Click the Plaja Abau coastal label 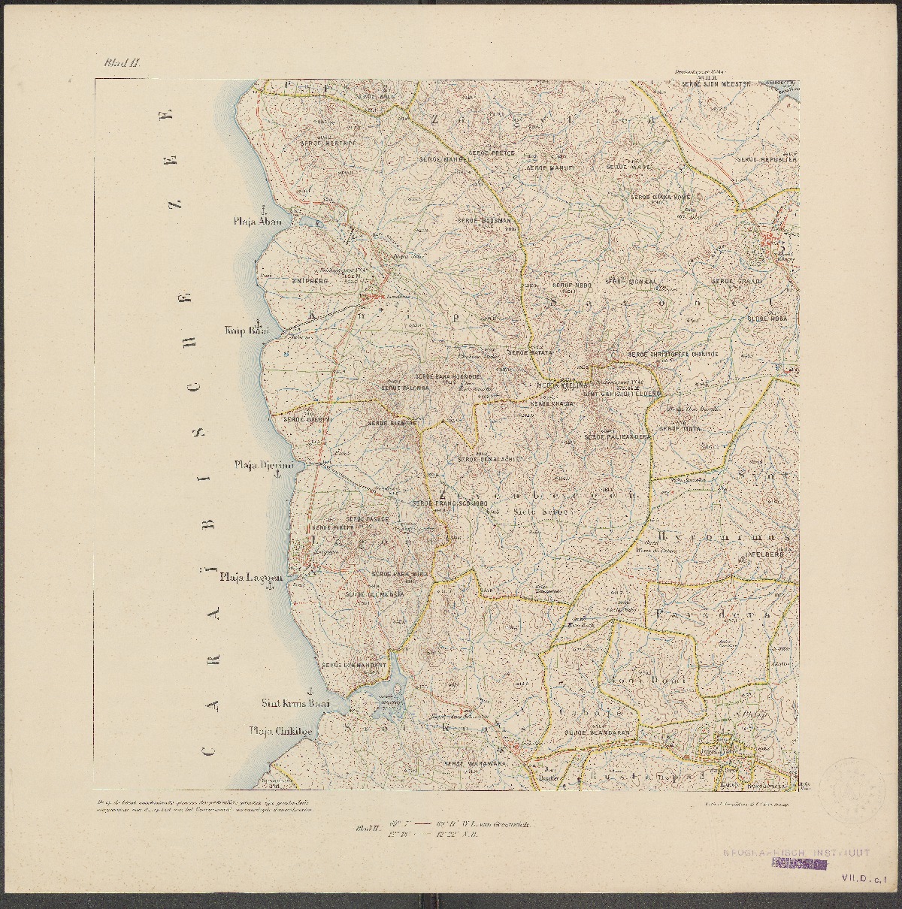point(257,222)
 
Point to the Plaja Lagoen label point(250,578)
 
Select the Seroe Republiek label point(766,160)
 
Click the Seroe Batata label point(530,352)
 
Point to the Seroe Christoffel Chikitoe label point(673,354)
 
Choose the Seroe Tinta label point(676,429)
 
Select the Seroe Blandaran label point(595,732)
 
